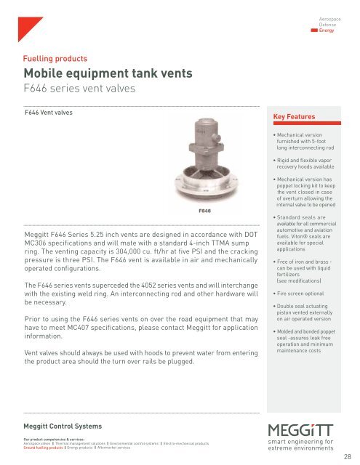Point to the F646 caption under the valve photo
pyautogui.click(x=205, y=211)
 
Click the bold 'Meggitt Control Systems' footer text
pyautogui.click(x=63, y=425)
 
